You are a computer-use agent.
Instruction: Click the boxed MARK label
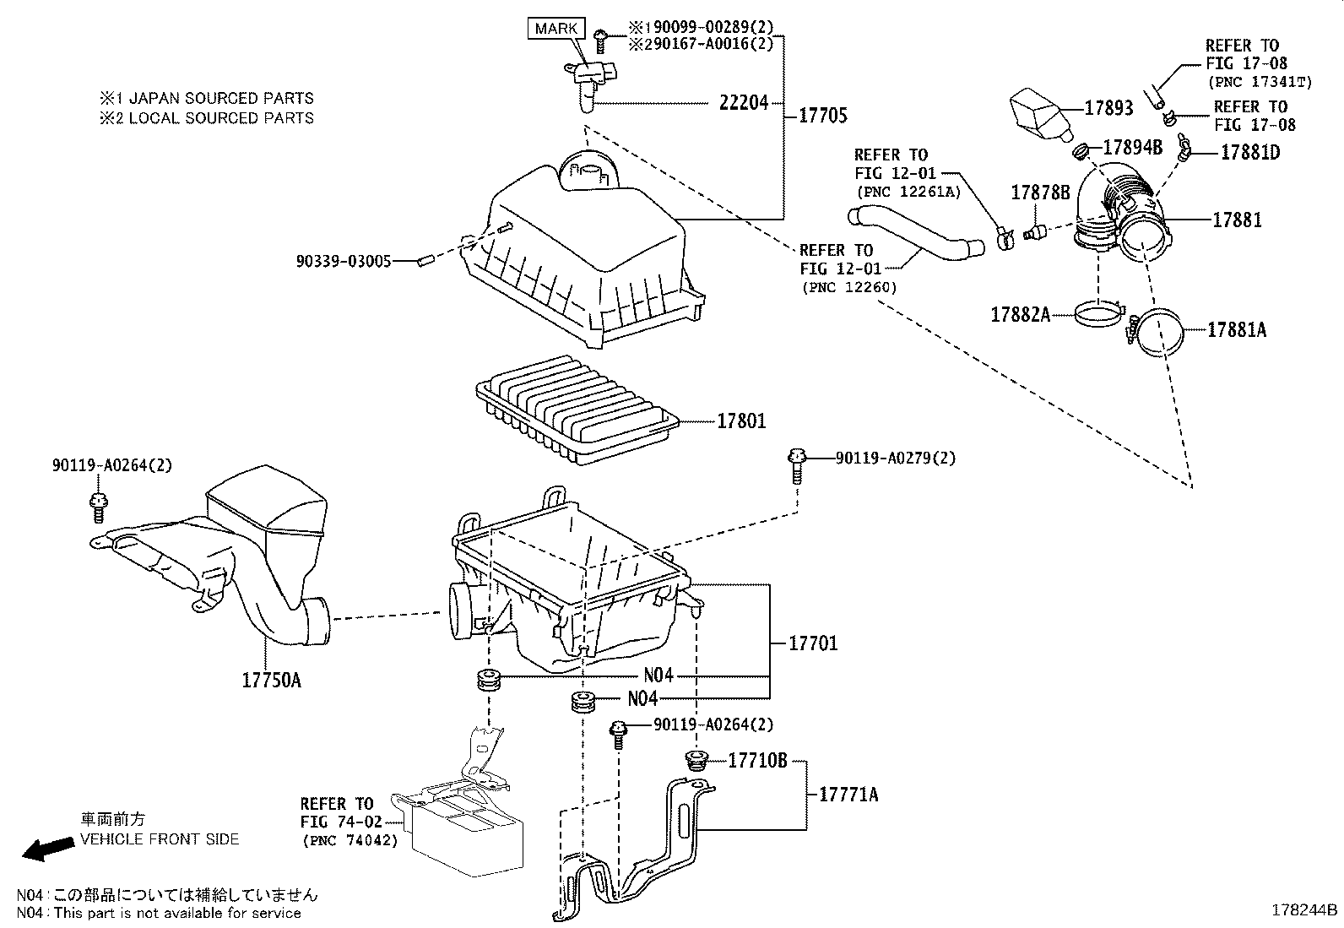coord(556,28)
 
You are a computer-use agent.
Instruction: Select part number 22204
coord(744,103)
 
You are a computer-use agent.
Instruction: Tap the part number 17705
coord(823,115)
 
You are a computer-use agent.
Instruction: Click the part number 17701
coord(813,643)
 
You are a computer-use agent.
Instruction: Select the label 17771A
coord(848,794)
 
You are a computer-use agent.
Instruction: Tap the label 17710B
coord(757,762)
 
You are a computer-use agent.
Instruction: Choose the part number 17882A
coord(1020,315)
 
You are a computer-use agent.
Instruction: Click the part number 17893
coord(1108,108)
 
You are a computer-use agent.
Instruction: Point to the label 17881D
coord(1249,153)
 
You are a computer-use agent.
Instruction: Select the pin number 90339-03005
coord(344,262)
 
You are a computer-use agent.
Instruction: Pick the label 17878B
coord(1040,193)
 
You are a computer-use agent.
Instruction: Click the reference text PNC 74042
coord(349,841)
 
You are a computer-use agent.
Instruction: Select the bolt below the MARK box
coord(600,36)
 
